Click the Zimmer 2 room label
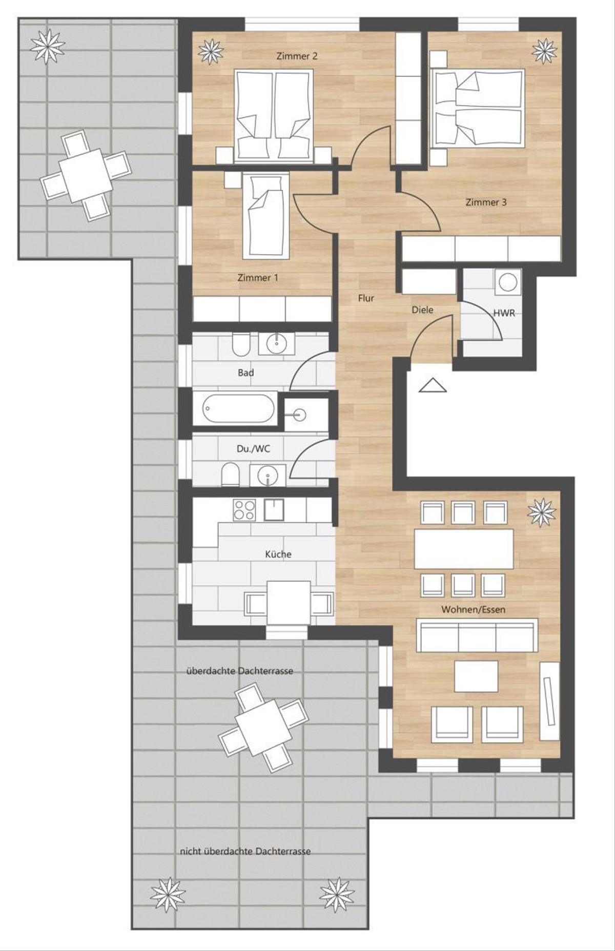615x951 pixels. coord(297,56)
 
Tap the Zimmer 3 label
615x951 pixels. coord(486,202)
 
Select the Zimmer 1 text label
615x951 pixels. coord(258,278)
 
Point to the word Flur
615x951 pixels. coord(366,298)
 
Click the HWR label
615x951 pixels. coord(504,313)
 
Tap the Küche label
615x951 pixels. coord(278,554)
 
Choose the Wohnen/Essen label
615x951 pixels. coord(473,610)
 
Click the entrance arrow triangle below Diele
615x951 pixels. coord(433,385)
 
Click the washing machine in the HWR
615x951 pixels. coord(508,282)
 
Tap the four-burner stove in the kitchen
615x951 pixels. coord(244,510)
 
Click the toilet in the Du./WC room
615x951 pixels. coord(230,475)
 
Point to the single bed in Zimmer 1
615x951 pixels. coord(265,215)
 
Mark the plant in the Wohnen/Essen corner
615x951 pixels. coord(541,512)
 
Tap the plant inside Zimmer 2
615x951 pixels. coord(211,51)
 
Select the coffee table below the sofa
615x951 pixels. coord(476,676)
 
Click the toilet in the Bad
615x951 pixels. coord(240,345)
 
